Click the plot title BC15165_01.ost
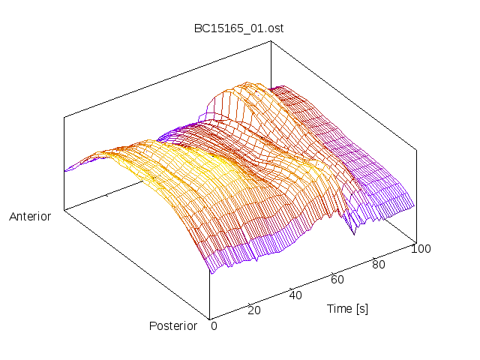[238, 28]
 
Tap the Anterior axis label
[30, 217]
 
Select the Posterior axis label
[173, 325]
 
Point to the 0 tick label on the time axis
[214, 326]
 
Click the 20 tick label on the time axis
[254, 310]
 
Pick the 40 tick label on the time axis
[295, 295]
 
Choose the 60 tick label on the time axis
[337, 280]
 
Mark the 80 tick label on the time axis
[379, 264]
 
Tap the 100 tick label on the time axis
[421, 249]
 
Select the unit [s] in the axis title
[362, 308]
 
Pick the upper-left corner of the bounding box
[64, 116]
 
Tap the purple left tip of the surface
[66, 170]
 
